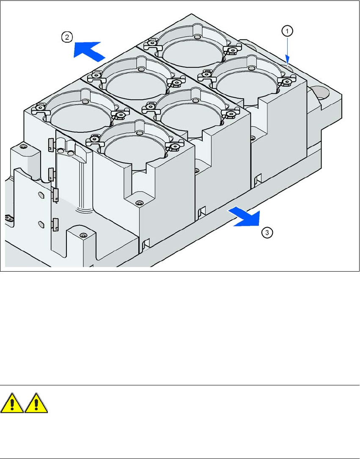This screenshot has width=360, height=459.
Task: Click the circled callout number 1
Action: pos(287,31)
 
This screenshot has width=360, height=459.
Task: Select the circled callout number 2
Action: pos(67,37)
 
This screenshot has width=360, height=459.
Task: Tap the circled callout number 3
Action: pos(267,233)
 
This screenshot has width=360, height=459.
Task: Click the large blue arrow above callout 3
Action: pos(244,216)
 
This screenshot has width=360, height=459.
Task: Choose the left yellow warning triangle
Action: pos(12,403)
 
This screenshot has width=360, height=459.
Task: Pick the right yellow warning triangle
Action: pos(36,403)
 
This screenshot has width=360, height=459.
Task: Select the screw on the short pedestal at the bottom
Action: pos(84,235)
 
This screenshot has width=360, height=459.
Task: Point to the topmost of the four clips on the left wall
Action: pos(51,144)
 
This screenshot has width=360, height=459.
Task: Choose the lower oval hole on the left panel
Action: pos(41,224)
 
